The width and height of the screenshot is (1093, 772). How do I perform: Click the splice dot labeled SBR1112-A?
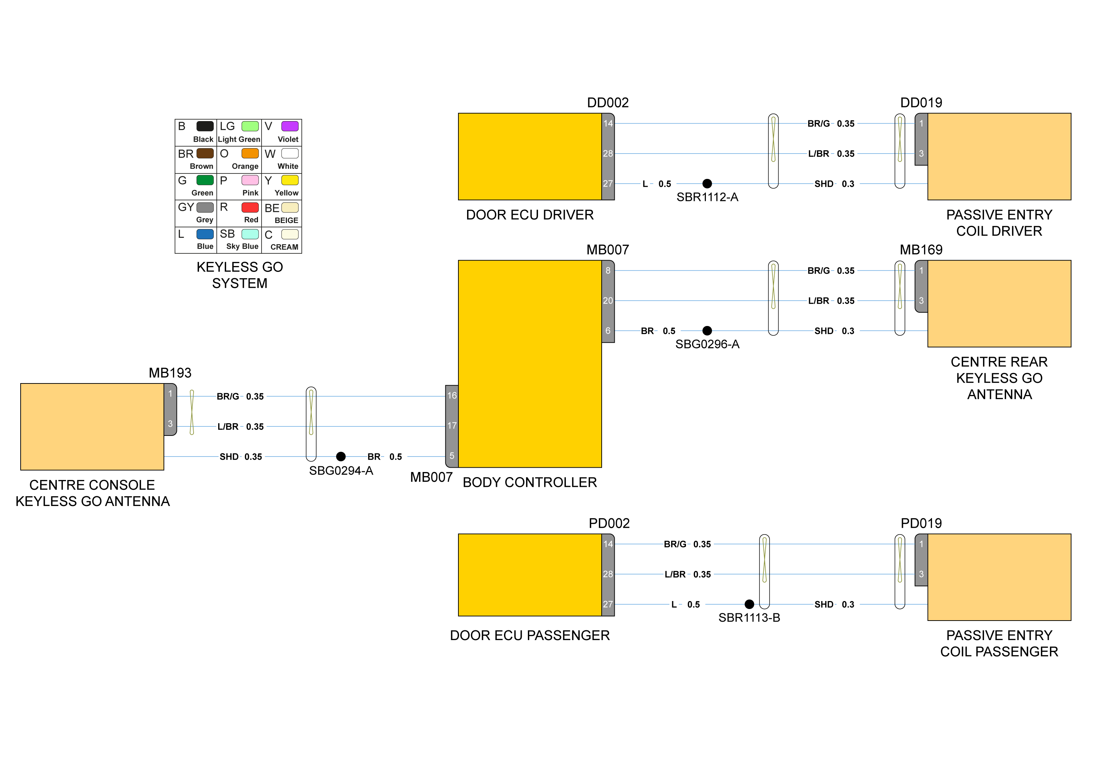707,184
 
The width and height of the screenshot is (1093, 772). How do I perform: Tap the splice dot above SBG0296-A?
707,331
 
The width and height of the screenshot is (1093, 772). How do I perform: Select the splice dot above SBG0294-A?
341,456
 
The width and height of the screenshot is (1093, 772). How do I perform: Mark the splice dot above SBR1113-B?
749,604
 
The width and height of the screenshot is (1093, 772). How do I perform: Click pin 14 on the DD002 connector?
608,124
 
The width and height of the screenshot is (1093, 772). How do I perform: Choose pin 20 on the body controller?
608,301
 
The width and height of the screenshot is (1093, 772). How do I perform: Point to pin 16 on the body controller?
452,396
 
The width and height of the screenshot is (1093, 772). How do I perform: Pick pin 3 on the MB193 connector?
170,424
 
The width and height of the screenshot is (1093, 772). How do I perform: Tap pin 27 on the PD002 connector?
608,604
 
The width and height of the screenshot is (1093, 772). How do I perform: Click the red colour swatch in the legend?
250,207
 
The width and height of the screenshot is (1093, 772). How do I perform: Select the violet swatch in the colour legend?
290,126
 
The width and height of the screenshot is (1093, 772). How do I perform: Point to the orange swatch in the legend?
250,153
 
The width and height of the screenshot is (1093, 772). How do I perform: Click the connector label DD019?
921,103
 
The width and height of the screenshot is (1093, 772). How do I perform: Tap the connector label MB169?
921,250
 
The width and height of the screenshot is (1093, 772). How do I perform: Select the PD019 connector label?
921,523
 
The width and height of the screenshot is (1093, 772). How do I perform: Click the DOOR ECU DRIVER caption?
530,215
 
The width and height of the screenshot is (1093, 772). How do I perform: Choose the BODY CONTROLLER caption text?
530,482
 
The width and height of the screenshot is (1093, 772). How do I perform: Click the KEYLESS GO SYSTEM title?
240,275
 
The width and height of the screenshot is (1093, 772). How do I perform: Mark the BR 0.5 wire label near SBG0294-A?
385,456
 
